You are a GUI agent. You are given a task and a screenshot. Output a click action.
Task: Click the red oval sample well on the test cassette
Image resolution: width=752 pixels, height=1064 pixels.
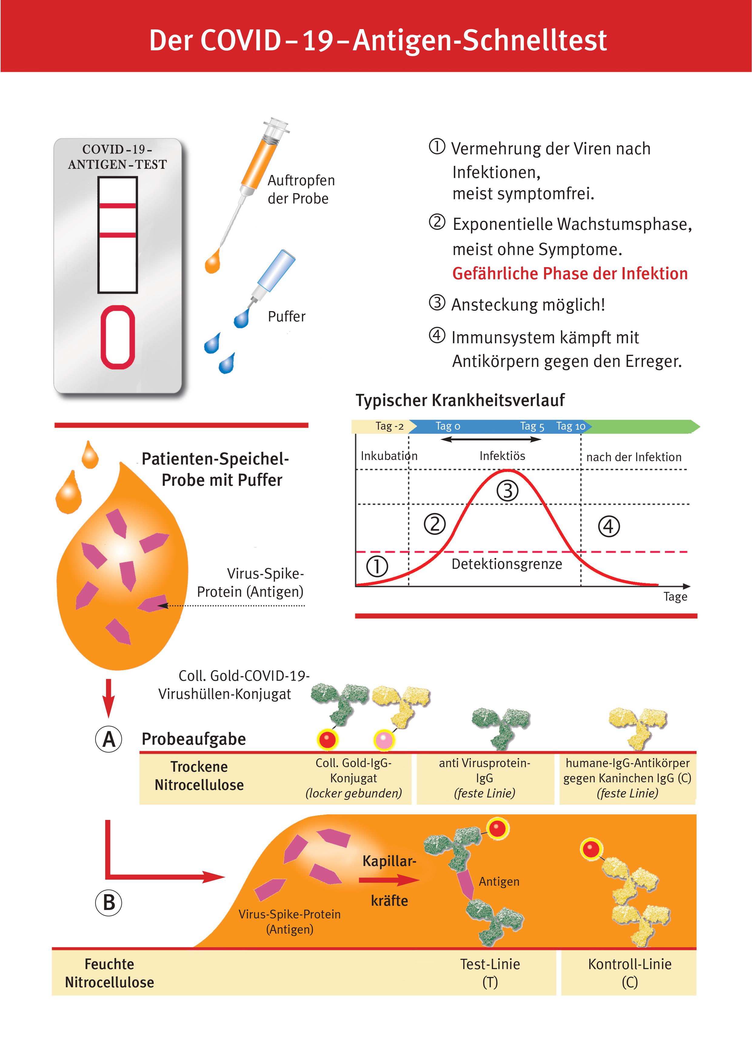(x=118, y=337)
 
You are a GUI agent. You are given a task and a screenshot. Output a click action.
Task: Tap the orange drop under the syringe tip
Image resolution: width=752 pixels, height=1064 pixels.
(x=212, y=262)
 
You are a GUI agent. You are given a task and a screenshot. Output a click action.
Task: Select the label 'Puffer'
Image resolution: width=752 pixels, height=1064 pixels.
(x=286, y=317)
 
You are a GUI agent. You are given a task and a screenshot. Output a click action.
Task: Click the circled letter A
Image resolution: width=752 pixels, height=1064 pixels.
(x=109, y=739)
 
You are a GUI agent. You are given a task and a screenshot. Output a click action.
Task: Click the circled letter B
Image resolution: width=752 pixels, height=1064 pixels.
(x=109, y=902)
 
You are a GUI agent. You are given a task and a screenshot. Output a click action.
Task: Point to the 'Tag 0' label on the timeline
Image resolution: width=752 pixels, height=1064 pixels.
(x=448, y=426)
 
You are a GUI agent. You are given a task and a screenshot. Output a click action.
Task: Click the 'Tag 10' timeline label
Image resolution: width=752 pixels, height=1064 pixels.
(x=570, y=426)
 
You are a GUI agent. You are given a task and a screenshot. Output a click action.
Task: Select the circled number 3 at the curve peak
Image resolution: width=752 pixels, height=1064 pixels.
(x=507, y=491)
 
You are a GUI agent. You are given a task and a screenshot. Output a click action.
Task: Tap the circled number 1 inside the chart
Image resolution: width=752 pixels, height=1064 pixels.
(x=377, y=566)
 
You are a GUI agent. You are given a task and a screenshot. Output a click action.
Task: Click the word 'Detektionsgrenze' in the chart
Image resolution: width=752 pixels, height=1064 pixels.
(x=506, y=564)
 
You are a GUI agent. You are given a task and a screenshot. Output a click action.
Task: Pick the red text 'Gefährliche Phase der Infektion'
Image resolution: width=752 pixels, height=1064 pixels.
(x=570, y=274)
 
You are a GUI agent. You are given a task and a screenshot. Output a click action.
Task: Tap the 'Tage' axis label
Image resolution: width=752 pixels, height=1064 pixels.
(x=675, y=596)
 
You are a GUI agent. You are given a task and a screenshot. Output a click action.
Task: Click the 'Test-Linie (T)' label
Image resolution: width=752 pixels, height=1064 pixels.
(x=490, y=973)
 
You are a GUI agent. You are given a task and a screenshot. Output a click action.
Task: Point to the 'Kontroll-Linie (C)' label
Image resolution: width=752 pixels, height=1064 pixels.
(x=629, y=973)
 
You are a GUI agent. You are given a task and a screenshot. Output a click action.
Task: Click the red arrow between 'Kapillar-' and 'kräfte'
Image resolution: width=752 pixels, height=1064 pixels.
(x=388, y=880)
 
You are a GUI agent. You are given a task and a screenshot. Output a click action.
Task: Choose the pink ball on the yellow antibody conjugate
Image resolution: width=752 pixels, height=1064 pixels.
(x=384, y=739)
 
